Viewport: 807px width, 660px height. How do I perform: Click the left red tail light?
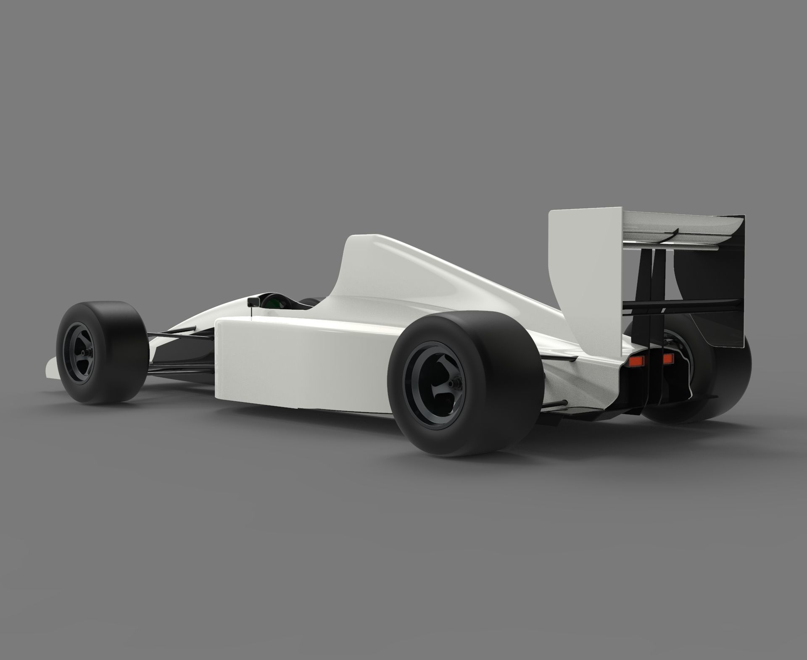click(638, 360)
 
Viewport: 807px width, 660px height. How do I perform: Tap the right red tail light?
click(668, 358)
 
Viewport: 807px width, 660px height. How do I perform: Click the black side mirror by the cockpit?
click(253, 302)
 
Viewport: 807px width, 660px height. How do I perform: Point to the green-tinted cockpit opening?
click(274, 302)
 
